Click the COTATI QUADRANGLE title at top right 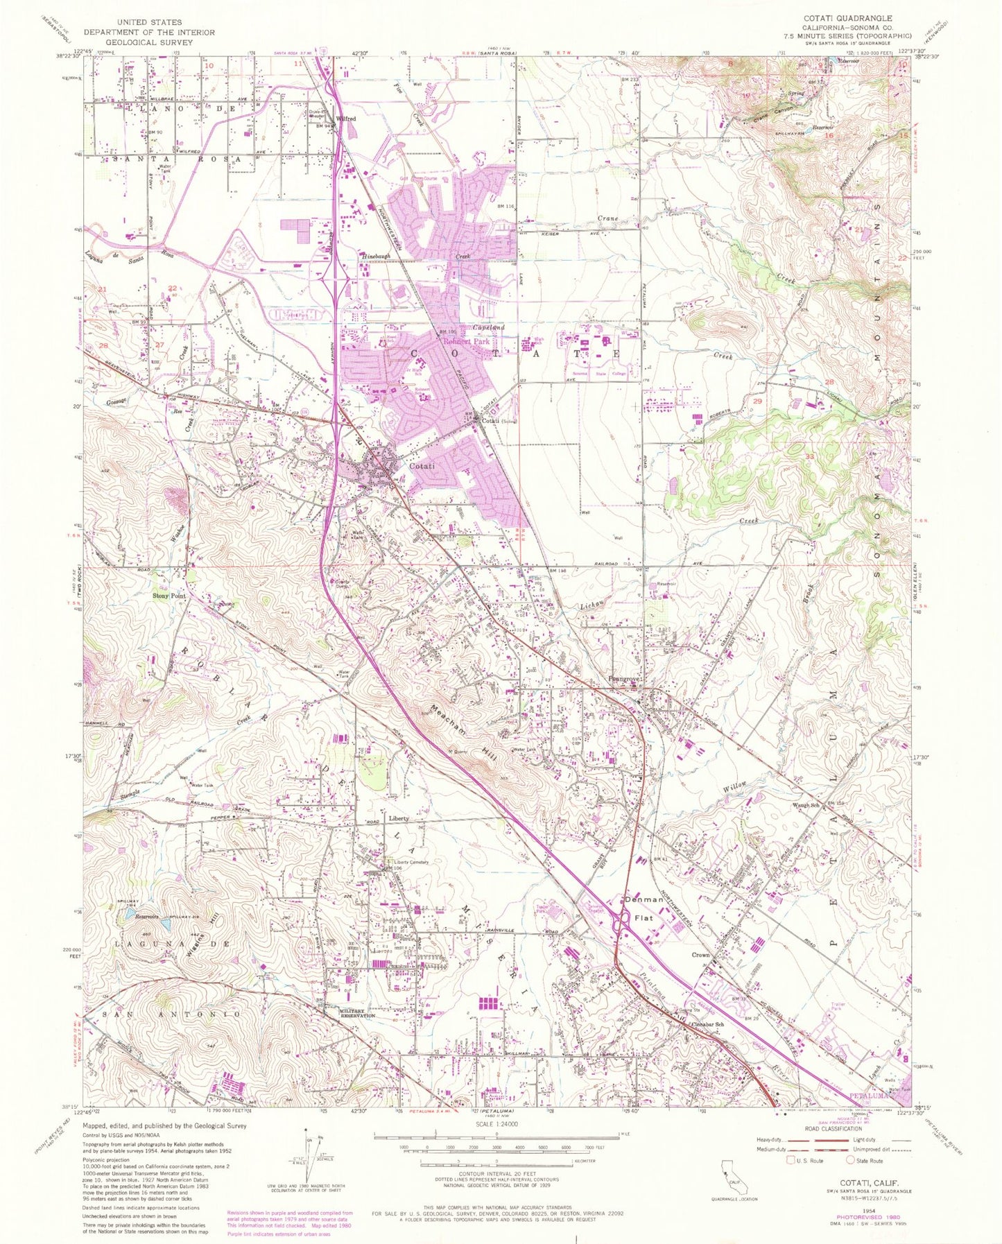pos(856,18)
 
